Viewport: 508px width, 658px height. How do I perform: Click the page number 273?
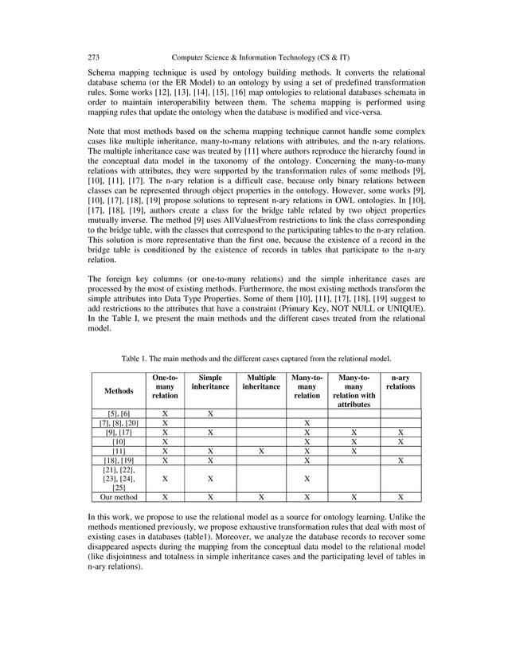coord(92,57)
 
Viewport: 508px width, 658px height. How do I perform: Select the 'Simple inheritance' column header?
coord(210,382)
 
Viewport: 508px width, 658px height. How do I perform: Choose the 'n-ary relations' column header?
coord(400,382)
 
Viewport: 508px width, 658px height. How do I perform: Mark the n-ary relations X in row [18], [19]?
coord(400,460)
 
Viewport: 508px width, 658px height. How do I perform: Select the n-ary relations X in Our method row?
coord(400,496)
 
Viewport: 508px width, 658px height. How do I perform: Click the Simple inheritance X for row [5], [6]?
coord(210,413)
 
